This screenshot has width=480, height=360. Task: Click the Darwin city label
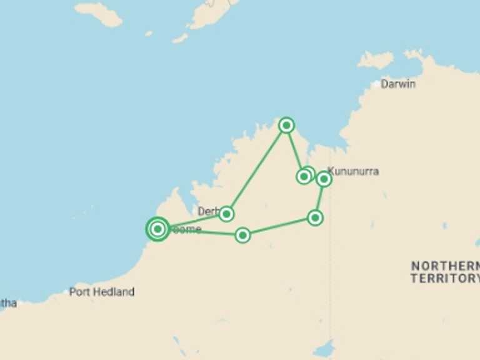point(398,84)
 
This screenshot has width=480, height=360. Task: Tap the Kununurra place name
point(354,171)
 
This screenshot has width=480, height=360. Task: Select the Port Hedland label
point(102,292)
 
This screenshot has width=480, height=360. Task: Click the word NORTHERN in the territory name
point(444,266)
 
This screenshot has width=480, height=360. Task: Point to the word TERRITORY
point(444,279)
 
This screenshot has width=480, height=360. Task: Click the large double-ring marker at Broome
point(158,229)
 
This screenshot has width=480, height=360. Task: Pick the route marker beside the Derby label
point(226,214)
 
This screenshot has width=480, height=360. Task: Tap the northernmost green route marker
point(286,126)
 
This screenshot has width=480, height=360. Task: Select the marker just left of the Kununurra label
point(324,179)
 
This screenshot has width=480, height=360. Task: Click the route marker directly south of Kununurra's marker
point(315,217)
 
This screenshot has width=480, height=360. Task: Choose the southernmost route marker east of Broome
point(242,235)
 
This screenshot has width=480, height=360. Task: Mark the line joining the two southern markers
point(279,226)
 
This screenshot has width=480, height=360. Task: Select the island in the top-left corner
point(98,13)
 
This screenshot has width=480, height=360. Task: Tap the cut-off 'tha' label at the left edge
point(7,303)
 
